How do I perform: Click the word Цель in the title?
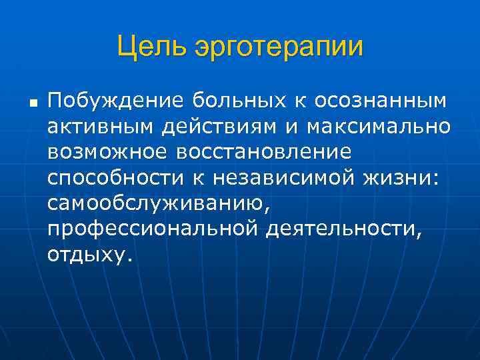point(153,47)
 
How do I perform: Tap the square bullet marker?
point(31,104)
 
